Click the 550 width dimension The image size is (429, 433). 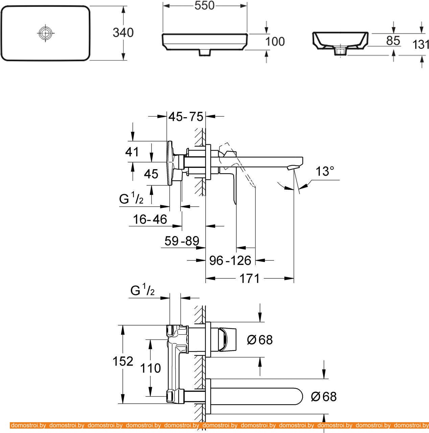tap(205, 5)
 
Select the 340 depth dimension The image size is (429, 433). tap(123, 33)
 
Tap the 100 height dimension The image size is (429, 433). tap(275, 42)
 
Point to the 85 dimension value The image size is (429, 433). tap(393, 40)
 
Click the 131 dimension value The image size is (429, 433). tap(421, 44)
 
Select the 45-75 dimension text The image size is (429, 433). tap(186, 117)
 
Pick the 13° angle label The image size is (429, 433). tap(323, 172)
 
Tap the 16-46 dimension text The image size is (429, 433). tap(150, 220)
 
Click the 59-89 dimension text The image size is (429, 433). tap(182, 241)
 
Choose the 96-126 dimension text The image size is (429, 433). tap(230, 260)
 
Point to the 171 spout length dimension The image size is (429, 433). tap(249, 279)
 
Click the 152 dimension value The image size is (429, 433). tap(123, 361)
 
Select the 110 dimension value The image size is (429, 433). tap(150, 368)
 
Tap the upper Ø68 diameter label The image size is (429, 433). tap(260, 340)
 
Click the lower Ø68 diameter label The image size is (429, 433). tap(324, 397)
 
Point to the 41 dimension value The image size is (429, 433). tap(132, 152)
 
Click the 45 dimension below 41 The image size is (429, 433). tap(151, 174)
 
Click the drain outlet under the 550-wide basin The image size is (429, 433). tap(205, 52)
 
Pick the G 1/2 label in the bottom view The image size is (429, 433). tap(142, 291)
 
